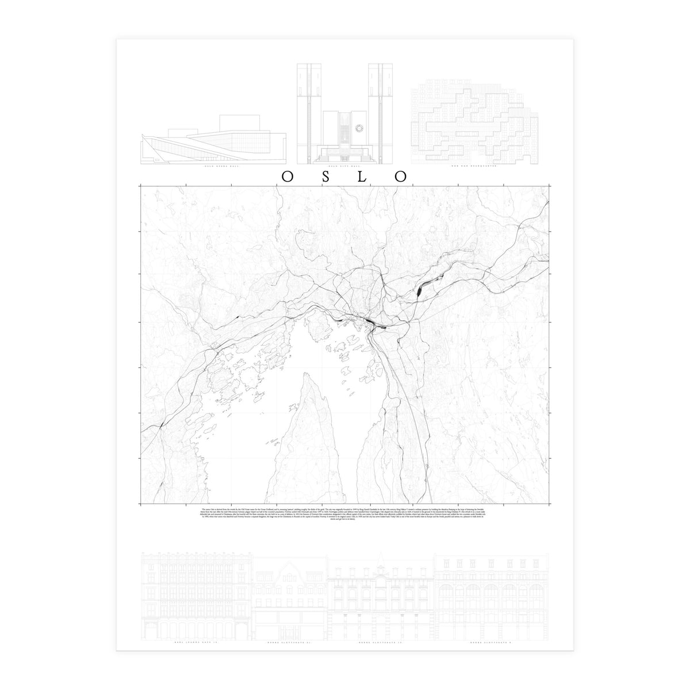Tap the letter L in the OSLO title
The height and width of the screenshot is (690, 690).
coord(362,176)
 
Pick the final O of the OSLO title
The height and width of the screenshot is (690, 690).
coord(400,176)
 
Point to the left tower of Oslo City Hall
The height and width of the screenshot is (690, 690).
coord(305,103)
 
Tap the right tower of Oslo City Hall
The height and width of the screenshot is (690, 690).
coord(384,103)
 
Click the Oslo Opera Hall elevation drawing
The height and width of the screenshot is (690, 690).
coord(214,141)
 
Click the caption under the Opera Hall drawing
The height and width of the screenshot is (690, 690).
coord(214,167)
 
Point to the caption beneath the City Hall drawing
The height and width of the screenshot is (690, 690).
coord(345,167)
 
